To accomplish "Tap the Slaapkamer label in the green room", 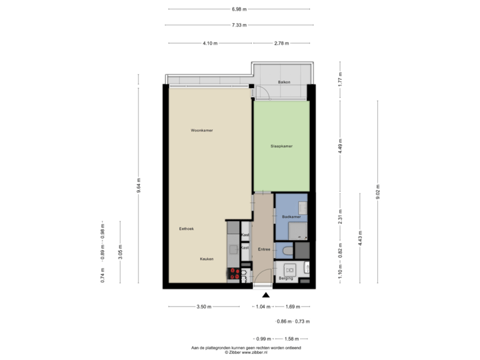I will pos(282,146).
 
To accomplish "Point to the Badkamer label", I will pos(291,217).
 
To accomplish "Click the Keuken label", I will pos(206,259).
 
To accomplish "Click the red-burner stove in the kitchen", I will pos(234,273).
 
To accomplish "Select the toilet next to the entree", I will pos(286,251).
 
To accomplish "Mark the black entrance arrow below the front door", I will pos(266,295).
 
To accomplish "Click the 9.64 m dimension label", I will pos(138,183).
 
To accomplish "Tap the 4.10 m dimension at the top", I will pos(209,43).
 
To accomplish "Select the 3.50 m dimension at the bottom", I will pos(205,307).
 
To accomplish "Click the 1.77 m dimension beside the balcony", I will pos(340,80).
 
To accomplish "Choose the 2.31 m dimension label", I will pos(340,215).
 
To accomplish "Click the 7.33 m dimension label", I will pos(239,25).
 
